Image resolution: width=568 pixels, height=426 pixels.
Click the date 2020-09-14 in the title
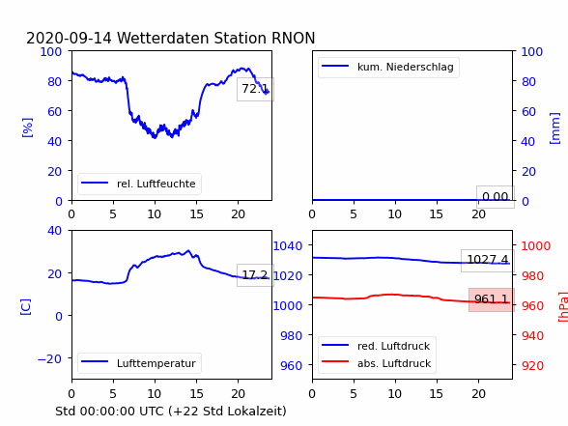[x=69, y=38]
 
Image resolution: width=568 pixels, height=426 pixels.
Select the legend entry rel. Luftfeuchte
[x=139, y=184]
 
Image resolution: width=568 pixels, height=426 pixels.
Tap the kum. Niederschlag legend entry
[x=388, y=67]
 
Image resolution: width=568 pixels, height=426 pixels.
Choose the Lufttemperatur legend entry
[x=139, y=363]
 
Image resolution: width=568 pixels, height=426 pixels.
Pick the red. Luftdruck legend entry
[x=377, y=346]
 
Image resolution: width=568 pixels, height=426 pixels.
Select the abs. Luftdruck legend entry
[x=377, y=363]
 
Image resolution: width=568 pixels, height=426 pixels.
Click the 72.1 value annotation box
[x=255, y=89]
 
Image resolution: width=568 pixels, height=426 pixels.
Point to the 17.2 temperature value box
[x=255, y=275]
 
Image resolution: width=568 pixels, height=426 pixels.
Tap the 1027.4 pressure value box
[x=488, y=260]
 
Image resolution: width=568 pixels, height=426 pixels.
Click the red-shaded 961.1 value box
[x=492, y=299]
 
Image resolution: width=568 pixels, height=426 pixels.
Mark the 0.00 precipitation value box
[x=496, y=197]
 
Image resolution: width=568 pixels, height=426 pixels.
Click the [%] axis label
[x=27, y=128]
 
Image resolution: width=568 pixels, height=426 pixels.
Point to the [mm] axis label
[x=554, y=128]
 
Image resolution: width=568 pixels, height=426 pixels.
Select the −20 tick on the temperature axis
[x=49, y=359]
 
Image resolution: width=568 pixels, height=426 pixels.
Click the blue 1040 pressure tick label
[x=288, y=246]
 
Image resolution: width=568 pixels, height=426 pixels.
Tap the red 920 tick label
[x=532, y=365]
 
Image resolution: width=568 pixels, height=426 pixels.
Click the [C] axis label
[x=26, y=307]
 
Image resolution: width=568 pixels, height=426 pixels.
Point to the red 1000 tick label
[x=536, y=246]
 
